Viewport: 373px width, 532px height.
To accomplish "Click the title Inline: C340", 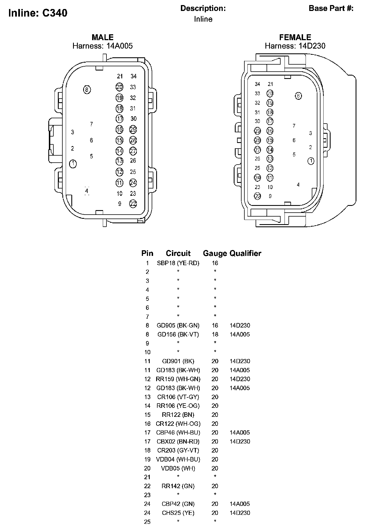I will tap(38, 13).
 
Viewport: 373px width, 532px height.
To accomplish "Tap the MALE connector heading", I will tap(103, 37).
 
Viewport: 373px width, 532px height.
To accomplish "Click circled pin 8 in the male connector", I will tap(87, 90).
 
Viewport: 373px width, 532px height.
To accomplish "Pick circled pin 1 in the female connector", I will tap(311, 161).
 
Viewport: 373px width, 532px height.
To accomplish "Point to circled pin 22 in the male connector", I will tap(133, 204).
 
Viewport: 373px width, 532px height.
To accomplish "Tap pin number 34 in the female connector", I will tap(257, 84).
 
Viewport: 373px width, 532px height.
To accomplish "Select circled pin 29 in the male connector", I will tap(133, 129).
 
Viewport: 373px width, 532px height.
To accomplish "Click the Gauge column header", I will tap(215, 253).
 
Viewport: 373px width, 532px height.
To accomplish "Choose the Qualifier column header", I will tap(245, 253).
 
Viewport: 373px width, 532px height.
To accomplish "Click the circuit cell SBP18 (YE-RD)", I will tap(178, 263).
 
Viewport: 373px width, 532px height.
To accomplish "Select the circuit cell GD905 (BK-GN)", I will tap(178, 326).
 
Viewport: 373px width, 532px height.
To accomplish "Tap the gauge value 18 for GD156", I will tap(215, 335).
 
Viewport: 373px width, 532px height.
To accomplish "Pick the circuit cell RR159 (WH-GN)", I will tap(178, 379).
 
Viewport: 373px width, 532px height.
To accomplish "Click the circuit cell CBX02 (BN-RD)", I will tap(178, 442).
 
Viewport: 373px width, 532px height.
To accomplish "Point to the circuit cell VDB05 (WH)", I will tap(178, 468).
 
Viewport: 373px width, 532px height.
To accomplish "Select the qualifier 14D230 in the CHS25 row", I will tap(240, 513).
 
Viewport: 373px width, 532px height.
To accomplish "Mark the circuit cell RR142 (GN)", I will tap(178, 486).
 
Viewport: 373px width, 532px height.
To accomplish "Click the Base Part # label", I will tap(331, 8).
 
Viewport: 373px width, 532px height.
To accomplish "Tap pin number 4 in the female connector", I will tap(298, 185).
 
